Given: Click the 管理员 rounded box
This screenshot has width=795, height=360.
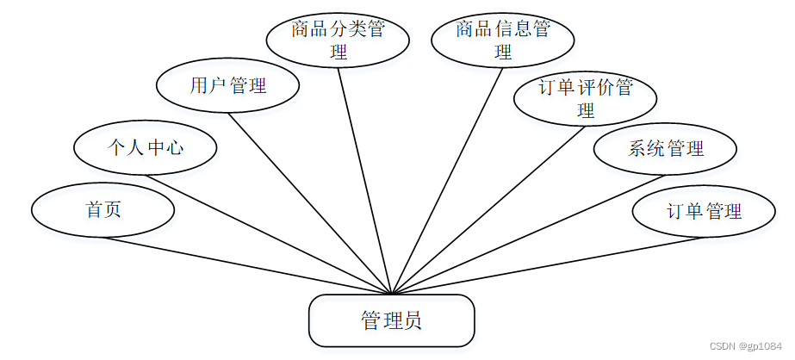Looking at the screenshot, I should coord(391,320).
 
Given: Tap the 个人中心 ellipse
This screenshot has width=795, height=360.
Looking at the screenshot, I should coord(145,147).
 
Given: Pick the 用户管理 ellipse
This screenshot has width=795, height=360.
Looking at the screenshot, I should coord(227,85).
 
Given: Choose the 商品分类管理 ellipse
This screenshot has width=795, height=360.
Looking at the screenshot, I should coord(337,40).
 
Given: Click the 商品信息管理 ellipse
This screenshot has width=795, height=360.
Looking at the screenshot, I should coord(502,40).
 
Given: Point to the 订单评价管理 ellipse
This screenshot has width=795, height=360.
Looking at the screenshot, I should coord(585,98).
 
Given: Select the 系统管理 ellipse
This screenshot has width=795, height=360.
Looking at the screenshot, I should coord(665,148).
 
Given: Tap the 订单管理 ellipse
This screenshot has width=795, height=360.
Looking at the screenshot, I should coord(703,211).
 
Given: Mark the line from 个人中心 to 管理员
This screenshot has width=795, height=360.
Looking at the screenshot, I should coord(268,234).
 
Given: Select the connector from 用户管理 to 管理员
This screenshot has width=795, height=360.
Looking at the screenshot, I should coord(310,203).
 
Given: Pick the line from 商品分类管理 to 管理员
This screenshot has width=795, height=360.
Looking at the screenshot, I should coord(365,181).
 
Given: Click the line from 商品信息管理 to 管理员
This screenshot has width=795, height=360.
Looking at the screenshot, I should coord(447,180).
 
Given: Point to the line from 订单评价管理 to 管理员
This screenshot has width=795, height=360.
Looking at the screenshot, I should coord(488,209).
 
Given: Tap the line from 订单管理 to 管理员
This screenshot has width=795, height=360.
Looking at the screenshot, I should coord(547,265).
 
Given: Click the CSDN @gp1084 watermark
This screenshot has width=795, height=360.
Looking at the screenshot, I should coord(746,344).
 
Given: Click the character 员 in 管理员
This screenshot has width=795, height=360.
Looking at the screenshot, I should coord(413,321).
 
